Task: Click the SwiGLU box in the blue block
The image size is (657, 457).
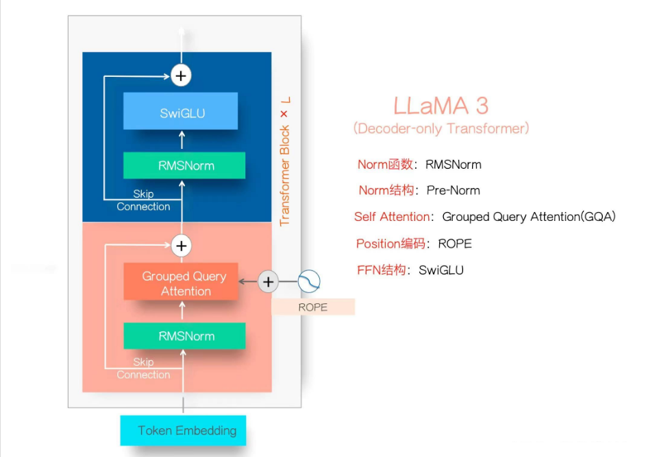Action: tap(181, 112)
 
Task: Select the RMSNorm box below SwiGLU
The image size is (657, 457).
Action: tap(184, 165)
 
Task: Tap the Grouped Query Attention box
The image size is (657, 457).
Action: tap(181, 282)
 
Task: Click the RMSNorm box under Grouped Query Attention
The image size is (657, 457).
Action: tap(184, 336)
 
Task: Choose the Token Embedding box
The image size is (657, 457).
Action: tap(183, 431)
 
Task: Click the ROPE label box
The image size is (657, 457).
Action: tap(313, 307)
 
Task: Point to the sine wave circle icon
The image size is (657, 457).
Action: tap(309, 281)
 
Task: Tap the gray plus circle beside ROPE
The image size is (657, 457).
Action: tap(268, 281)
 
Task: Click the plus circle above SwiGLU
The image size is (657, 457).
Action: tap(181, 75)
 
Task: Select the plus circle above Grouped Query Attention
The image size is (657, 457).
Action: tap(181, 245)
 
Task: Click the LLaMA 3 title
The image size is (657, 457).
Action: tap(441, 106)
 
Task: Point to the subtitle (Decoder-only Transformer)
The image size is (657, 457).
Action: tap(441, 128)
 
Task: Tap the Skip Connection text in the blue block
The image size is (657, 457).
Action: tap(143, 200)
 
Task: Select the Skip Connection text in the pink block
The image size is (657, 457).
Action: tap(143, 368)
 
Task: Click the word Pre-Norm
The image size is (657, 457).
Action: tap(453, 190)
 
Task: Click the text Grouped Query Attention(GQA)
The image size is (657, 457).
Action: tap(529, 217)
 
